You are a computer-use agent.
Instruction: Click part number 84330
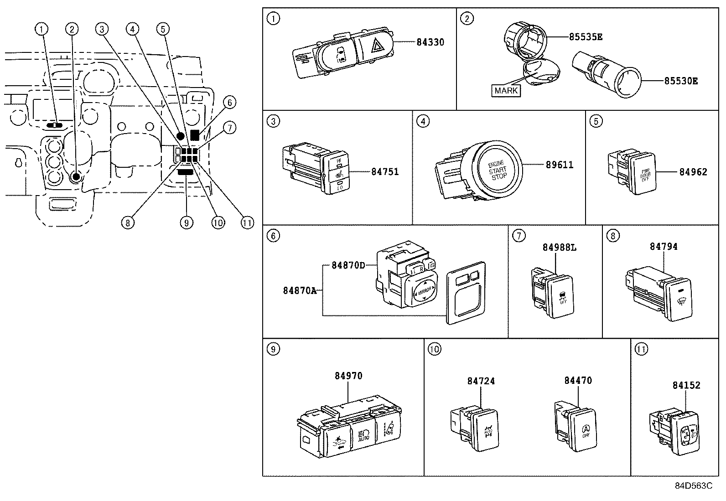coord(430,42)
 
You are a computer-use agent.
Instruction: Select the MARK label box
coord(506,90)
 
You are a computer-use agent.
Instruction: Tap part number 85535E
coord(586,37)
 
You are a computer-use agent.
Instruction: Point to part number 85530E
coord(680,81)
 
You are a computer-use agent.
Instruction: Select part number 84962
coord(693,172)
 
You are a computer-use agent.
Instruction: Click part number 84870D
coord(348,265)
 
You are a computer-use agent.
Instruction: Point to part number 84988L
coord(559,248)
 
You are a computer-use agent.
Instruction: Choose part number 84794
coord(664,247)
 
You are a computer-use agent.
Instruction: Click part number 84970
coord(348,376)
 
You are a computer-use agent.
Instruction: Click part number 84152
coord(686,385)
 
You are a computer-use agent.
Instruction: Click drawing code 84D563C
coord(693,486)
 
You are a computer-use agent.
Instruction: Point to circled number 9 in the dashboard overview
coord(186,222)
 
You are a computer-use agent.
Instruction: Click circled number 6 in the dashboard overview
coord(229,103)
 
